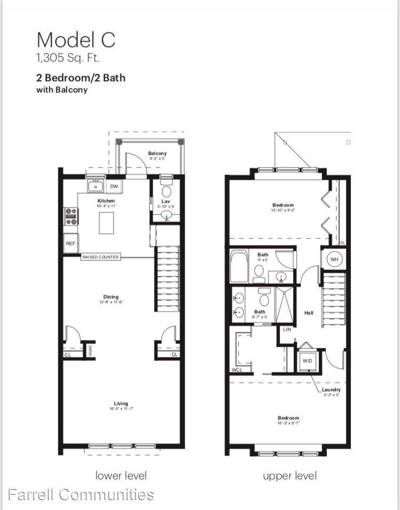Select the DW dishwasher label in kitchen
coord(114,186)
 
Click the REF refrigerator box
coord(71,243)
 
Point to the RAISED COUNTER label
coord(100,257)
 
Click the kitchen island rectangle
coord(107,222)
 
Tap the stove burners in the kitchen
coord(71,216)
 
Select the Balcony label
coord(157,154)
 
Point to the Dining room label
coord(111,297)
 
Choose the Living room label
coord(121,403)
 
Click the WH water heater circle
coord(334,260)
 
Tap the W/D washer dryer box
coord(307,361)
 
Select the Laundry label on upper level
coord(331,390)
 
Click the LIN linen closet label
coord(286,330)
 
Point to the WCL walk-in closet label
coord(237,370)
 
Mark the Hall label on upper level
coord(309,313)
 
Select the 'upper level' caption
coord(290,475)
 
